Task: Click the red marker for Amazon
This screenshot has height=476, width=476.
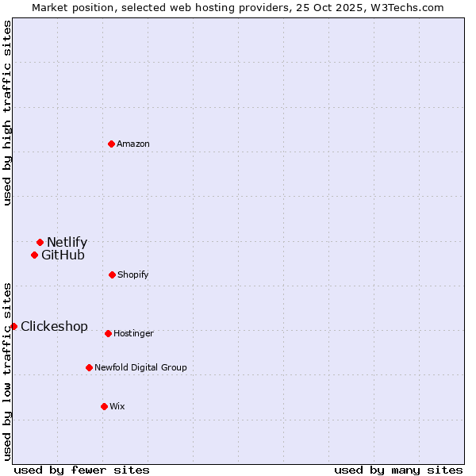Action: (112, 144)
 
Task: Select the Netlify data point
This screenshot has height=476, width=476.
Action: (40, 242)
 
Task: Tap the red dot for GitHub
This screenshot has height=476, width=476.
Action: (34, 255)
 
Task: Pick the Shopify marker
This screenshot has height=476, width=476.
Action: (112, 274)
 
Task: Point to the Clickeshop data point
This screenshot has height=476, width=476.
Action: (13, 326)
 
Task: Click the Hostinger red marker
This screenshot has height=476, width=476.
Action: (108, 333)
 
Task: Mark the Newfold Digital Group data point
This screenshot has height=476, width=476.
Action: (89, 367)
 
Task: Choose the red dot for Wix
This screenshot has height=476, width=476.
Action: (104, 406)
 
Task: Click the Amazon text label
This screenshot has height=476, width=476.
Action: (133, 144)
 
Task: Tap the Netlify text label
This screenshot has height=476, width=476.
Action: (67, 242)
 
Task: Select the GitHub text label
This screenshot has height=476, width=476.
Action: (63, 255)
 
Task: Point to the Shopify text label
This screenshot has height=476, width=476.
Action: (133, 274)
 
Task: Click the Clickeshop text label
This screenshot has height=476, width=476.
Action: (54, 326)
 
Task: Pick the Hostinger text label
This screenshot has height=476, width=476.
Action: (133, 333)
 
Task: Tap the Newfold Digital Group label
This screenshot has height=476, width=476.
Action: (140, 367)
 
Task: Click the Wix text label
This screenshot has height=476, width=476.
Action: (117, 406)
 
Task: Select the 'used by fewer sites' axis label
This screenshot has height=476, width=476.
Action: (82, 470)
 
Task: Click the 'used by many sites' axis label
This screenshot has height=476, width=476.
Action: (398, 470)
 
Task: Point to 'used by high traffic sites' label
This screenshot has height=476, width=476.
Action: (7, 113)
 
